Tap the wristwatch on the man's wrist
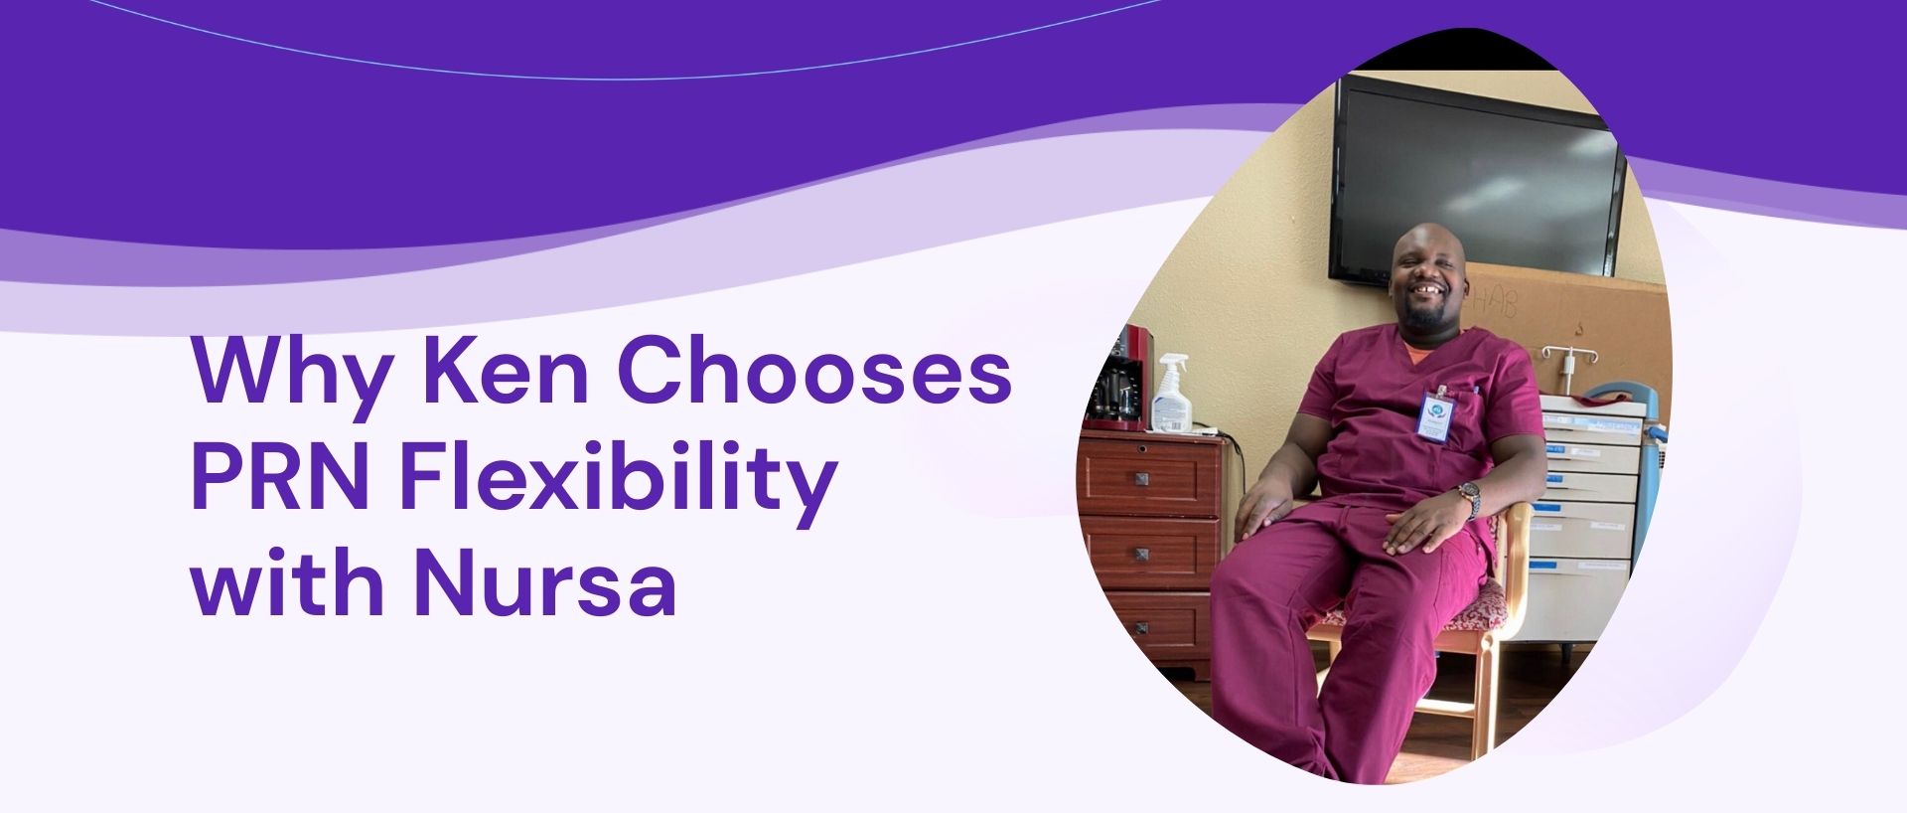tap(1469, 494)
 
